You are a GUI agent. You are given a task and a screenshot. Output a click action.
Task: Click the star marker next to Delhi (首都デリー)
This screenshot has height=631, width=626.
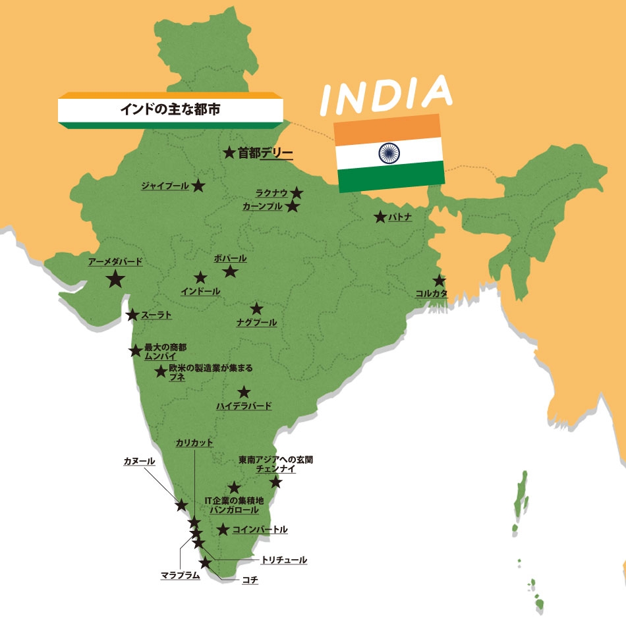coord(229,153)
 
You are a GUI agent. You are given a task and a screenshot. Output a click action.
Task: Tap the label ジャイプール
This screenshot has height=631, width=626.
coord(165,186)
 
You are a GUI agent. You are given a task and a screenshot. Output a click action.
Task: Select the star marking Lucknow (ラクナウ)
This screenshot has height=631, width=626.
coord(297,193)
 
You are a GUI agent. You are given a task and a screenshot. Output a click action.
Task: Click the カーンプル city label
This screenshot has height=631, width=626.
coord(262,206)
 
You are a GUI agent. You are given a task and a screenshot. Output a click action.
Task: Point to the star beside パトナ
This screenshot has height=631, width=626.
coord(380,217)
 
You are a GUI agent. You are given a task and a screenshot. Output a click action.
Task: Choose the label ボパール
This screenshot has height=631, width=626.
coord(230,258)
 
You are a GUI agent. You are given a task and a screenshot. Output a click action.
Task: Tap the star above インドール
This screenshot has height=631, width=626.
coord(200,278)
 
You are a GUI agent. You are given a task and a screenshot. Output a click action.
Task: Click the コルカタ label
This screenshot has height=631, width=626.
coord(432,294)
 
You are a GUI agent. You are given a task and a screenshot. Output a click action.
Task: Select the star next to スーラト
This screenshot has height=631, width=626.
coord(132,315)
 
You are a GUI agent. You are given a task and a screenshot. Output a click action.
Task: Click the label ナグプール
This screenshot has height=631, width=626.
coord(256,323)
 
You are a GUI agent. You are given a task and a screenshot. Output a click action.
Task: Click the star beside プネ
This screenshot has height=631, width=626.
coord(161,371)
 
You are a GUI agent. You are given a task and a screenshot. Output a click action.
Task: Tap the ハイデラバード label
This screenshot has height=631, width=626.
coord(244,406)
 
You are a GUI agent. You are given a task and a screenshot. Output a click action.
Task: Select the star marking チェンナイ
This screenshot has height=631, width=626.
coord(276,482)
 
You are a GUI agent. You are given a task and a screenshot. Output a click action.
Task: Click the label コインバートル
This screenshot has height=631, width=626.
coord(260,530)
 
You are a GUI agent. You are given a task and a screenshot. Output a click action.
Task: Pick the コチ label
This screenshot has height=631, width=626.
coord(250,581)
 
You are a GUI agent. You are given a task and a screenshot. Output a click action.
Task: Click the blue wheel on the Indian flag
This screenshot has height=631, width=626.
coord(389,153)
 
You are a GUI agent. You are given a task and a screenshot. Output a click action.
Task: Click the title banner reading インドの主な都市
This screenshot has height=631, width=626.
coord(169,109)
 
